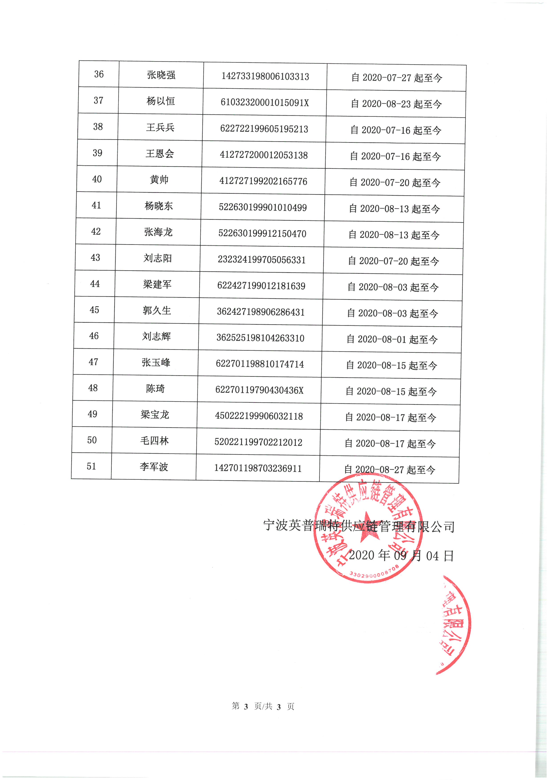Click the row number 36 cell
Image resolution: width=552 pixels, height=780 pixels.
tap(99, 74)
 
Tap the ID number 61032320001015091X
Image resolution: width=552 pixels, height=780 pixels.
tap(265, 103)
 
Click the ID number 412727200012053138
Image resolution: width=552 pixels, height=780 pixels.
tap(264, 155)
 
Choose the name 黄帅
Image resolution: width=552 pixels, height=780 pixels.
tap(159, 179)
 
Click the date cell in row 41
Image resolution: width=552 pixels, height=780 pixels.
tap(394, 209)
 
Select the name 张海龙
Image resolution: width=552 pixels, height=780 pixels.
tap(158, 232)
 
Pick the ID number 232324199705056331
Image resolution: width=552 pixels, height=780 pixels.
tap(262, 260)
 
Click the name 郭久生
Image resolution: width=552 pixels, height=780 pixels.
tap(157, 310)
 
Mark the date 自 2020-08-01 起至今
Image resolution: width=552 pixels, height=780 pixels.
tap(392, 339)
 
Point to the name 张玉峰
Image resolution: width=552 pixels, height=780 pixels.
tap(156, 363)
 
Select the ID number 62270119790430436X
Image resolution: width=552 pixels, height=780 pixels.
tap(259, 390)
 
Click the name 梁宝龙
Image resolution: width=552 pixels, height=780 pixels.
tap(155, 414)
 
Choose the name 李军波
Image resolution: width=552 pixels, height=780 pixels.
tap(154, 467)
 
